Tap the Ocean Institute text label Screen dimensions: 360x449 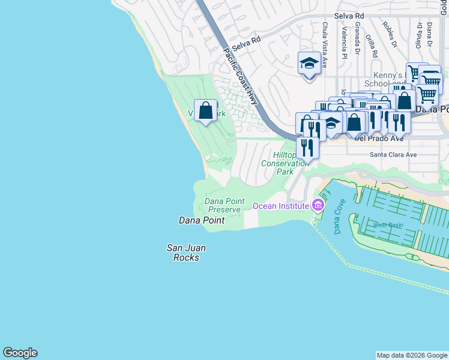281,206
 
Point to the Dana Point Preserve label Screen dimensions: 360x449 224,205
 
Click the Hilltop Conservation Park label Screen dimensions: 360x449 285,163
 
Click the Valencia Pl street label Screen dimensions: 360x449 345,41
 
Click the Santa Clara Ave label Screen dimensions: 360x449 393,154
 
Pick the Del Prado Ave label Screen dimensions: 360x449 379,137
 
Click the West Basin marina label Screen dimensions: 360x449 388,225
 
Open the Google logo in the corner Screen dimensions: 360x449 20,353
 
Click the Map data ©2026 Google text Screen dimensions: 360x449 412,355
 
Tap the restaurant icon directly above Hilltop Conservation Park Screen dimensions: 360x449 307,147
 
